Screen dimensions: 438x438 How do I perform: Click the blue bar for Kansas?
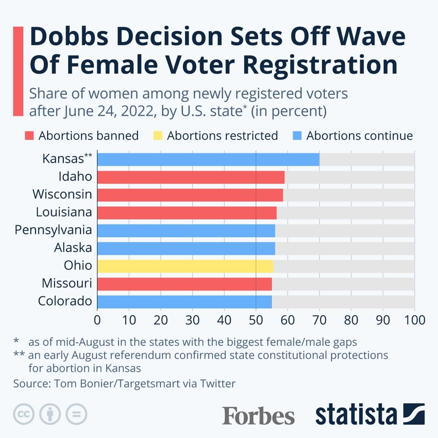pos(208,159)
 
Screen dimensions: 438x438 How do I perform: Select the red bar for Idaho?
pos(191,177)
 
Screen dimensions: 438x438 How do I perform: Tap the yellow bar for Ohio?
pos(185,266)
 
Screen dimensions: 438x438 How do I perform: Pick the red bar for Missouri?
pos(184,284)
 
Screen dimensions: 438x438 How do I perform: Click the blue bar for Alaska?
pos(186,248)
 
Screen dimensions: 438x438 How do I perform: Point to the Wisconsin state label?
pos(62,194)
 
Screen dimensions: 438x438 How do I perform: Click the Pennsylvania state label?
pos(53,230)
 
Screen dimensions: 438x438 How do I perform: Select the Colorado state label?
pos(65,302)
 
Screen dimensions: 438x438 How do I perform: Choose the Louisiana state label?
pos(64,212)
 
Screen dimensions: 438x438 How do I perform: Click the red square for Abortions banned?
pos(30,136)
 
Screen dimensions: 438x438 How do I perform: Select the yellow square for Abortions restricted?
pos(158,136)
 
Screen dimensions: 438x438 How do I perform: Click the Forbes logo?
pos(258,416)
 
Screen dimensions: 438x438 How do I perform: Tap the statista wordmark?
pos(356,414)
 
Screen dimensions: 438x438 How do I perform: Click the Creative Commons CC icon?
pos(24,414)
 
